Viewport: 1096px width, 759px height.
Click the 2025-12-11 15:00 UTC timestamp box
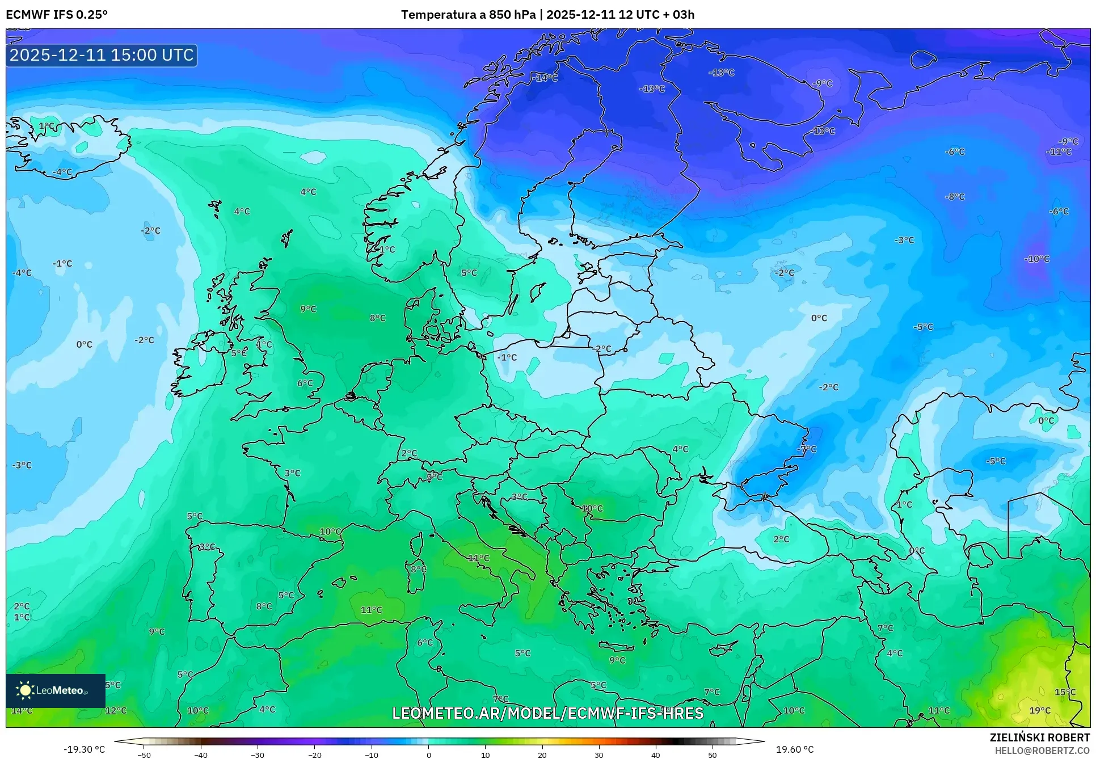click(102, 55)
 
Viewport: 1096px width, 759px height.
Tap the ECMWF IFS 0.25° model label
click(56, 15)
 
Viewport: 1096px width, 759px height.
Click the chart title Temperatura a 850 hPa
click(468, 15)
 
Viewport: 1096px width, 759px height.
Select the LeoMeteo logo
click(55, 690)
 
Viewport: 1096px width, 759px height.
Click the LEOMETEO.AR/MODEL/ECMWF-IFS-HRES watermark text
click(547, 713)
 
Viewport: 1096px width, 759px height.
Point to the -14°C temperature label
click(546, 78)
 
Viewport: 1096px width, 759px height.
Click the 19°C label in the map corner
click(1040, 710)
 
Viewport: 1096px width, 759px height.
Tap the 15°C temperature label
click(1065, 691)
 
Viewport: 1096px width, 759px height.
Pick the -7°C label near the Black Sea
click(807, 449)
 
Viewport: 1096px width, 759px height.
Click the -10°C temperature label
click(1036, 259)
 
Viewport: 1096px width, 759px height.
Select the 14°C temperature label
click(22, 710)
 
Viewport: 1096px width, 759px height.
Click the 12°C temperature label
click(116, 710)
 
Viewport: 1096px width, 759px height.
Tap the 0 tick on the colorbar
click(428, 754)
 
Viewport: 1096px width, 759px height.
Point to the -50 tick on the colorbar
click(144, 754)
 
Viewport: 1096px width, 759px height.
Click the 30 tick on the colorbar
click(599, 754)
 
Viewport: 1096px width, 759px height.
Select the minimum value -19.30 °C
click(84, 749)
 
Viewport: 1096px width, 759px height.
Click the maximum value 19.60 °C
click(794, 749)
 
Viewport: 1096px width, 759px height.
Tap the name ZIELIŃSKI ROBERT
click(1039, 737)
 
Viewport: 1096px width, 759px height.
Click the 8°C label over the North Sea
click(377, 318)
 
